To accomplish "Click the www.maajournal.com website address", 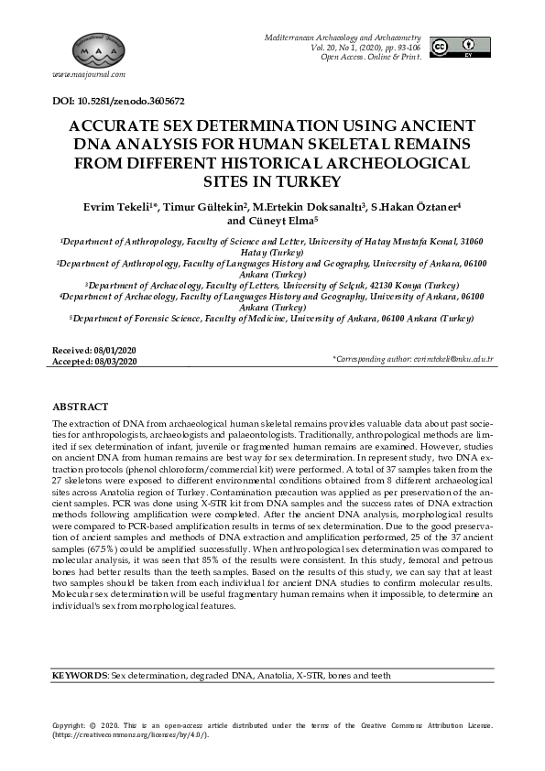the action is click(x=89, y=74).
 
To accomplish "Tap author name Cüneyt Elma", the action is click(x=281, y=221).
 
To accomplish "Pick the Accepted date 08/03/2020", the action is click(x=115, y=362).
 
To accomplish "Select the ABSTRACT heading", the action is click(x=81, y=406).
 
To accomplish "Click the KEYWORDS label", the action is click(x=80, y=675).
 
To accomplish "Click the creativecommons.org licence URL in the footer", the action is click(x=134, y=735).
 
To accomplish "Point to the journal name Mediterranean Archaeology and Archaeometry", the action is click(x=343, y=37).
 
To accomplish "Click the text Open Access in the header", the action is click(x=342, y=57).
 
